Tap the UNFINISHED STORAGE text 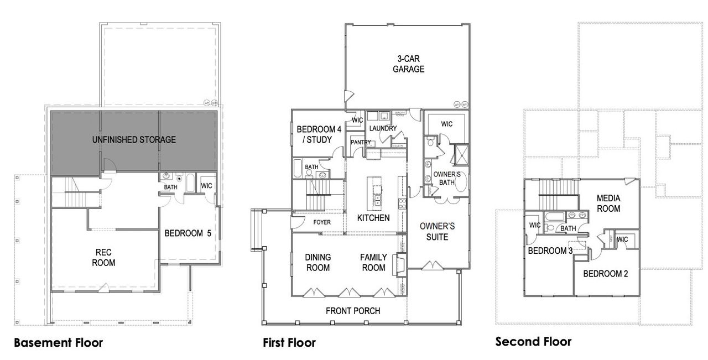point(134,140)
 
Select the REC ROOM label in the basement point(103,258)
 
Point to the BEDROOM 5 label point(188,233)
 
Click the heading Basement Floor point(58,343)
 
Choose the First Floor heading point(289,343)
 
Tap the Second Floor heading point(533,341)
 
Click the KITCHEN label point(373,218)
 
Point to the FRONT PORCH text point(352,311)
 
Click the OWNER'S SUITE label point(437,232)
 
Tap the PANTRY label point(361,143)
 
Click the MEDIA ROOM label point(608,204)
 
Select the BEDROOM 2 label point(605,273)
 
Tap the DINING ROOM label point(317,263)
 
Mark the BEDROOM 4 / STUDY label point(319,134)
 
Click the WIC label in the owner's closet point(446,124)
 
